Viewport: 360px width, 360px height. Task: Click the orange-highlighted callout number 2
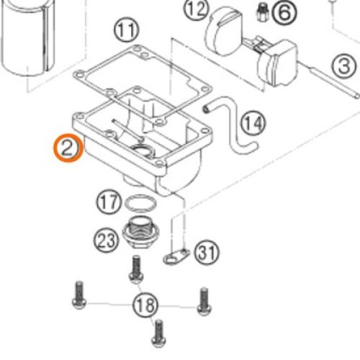tap(69, 148)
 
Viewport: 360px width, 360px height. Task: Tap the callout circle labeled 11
tap(127, 30)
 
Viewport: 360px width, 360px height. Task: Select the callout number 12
tap(195, 9)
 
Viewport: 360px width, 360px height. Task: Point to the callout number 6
tap(284, 12)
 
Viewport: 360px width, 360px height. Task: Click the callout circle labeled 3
tap(344, 66)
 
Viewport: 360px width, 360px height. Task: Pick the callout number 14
tap(253, 123)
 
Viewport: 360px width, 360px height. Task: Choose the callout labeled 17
tap(109, 202)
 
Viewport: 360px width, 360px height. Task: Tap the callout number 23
tap(106, 240)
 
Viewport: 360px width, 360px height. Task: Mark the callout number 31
tap(207, 253)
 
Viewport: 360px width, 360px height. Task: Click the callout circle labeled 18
tap(145, 305)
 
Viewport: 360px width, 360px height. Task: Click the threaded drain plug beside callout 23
tap(141, 232)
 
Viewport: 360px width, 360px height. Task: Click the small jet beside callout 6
tap(262, 13)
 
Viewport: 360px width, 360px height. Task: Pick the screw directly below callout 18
tap(158, 333)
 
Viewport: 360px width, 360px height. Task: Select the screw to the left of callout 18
tap(79, 295)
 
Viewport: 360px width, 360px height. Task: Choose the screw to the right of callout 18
tap(204, 302)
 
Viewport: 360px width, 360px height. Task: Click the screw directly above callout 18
tap(136, 269)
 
